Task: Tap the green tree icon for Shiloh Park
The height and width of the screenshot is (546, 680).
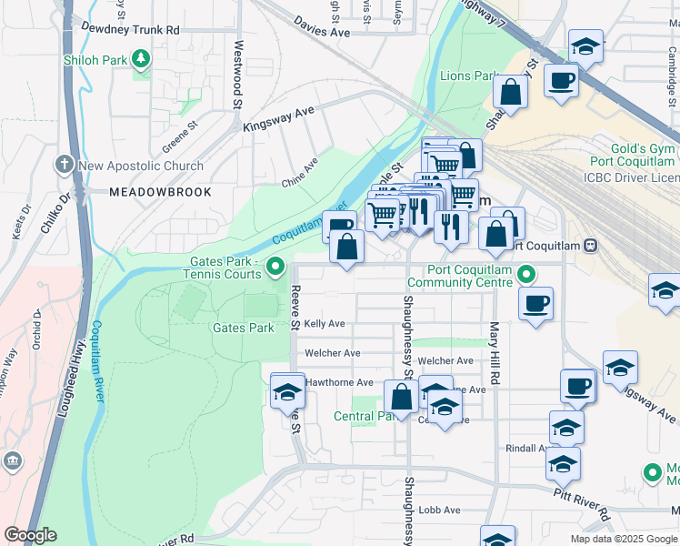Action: pyautogui.click(x=141, y=60)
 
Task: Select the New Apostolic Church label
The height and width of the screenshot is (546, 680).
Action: pyautogui.click(x=141, y=166)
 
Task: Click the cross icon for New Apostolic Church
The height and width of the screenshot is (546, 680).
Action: pyautogui.click(x=64, y=165)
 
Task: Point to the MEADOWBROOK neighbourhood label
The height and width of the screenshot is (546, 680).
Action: pyautogui.click(x=160, y=192)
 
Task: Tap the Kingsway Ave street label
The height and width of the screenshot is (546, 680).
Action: pyautogui.click(x=277, y=118)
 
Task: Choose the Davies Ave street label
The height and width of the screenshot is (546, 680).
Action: pyautogui.click(x=323, y=27)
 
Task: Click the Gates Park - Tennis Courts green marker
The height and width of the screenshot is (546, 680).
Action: pyautogui.click(x=277, y=267)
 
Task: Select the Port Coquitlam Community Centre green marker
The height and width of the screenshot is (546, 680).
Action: pyautogui.click(x=526, y=273)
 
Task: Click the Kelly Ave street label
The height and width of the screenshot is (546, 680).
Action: pyautogui.click(x=325, y=324)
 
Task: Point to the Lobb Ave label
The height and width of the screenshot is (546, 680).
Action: pyautogui.click(x=439, y=511)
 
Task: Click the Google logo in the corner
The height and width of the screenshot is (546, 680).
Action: pyautogui.click(x=30, y=535)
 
